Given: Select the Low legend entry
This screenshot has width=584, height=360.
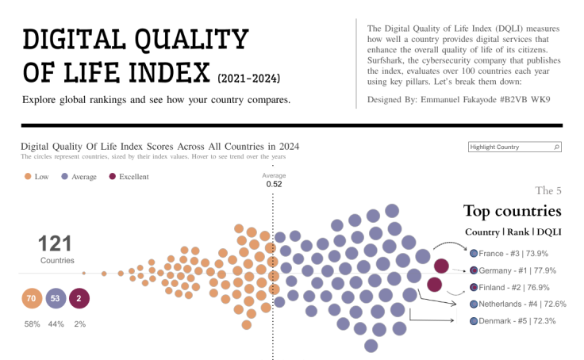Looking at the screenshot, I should tap(36, 177).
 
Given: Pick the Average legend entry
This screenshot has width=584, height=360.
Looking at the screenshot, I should tap(79, 177).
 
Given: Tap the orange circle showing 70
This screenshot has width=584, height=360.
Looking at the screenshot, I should tap(33, 299).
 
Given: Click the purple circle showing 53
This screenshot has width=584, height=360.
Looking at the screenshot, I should tap(56, 299).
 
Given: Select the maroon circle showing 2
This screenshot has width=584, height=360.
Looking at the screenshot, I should tap(79, 299).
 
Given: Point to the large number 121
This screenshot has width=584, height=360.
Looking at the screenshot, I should tap(56, 244).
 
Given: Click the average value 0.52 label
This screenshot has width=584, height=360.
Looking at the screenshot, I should tap(274, 184).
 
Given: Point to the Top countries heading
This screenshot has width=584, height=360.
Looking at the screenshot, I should tap(512, 211).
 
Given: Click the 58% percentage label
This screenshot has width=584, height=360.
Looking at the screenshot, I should tap(33, 324).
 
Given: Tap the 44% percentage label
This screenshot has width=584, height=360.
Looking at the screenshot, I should tap(56, 324).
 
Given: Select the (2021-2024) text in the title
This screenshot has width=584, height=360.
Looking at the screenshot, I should tap(248, 79).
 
